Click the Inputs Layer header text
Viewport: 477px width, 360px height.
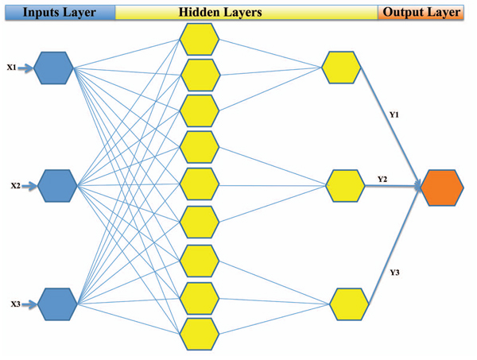pos(57,13)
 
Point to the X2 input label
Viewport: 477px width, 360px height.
pos(15,186)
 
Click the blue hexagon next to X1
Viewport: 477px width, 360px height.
pos(55,68)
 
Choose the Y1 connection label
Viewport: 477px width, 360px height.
pos(394,115)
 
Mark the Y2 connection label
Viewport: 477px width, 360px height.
pos(382,178)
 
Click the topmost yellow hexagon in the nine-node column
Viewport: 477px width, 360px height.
pos(199,39)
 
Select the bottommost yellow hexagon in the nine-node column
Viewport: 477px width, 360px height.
pos(199,333)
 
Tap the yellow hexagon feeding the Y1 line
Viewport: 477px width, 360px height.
pos(342,67)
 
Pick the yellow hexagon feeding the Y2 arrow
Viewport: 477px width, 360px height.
pos(346,186)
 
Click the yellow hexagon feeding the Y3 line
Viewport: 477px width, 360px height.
pos(349,304)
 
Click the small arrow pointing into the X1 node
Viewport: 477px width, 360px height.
pos(26,69)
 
